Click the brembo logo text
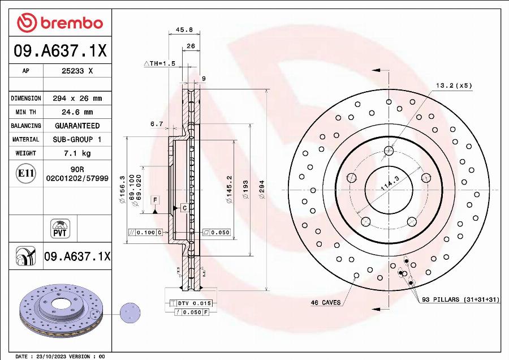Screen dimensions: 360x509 tap(70, 23)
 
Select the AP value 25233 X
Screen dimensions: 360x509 tap(77, 71)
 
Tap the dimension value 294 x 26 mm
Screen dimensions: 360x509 tap(77, 98)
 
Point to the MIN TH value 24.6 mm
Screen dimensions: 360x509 tap(77, 112)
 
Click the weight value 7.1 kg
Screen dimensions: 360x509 tap(77, 153)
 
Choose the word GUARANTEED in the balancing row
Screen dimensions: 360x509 tap(77, 126)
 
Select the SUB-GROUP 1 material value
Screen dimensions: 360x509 tap(77, 139)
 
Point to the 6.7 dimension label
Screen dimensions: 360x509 tap(157, 123)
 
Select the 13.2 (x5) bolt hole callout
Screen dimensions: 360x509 tap(454, 85)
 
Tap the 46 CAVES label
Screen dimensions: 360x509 tap(325, 302)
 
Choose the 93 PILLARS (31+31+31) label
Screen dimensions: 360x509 tap(460, 299)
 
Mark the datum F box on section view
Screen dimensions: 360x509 tap(154, 200)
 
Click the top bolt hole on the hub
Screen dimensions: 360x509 tap(388, 151)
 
